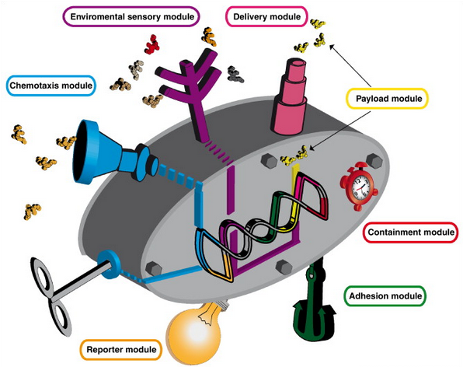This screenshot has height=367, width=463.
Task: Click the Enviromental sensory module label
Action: (x=132, y=16)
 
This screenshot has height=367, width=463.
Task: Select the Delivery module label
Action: (x=267, y=16)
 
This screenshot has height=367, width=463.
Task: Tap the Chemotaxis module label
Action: (x=51, y=86)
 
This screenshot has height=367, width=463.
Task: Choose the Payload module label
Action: (x=388, y=99)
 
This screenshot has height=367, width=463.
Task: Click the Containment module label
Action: (x=411, y=232)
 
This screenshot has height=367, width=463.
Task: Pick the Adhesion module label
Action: (x=385, y=296)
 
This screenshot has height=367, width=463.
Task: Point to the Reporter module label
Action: (x=121, y=350)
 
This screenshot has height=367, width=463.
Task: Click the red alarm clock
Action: (x=358, y=187)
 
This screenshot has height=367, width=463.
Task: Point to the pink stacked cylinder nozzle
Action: (x=289, y=96)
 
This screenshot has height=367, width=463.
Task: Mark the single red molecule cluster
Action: (x=152, y=44)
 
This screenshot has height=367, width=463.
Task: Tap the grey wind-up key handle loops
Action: (x=53, y=295)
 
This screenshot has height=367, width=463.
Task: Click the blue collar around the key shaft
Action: (x=109, y=264)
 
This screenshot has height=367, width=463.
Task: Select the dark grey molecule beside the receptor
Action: (x=235, y=74)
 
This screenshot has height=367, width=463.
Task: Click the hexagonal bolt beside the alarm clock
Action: (x=374, y=161)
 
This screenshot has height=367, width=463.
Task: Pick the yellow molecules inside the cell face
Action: (x=294, y=156)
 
